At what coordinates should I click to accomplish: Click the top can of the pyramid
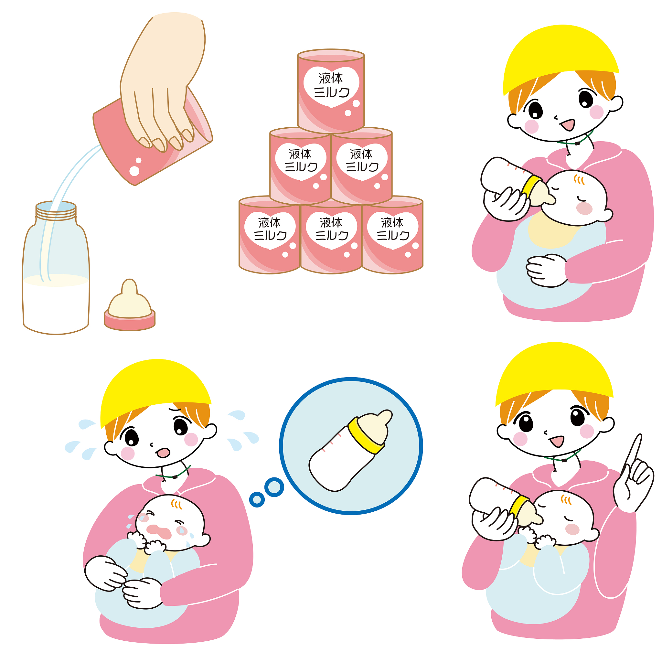click(331, 91)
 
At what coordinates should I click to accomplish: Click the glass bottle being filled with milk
click(56, 268)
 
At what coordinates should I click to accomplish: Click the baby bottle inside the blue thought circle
click(350, 451)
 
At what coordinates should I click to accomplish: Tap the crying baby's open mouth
click(159, 531)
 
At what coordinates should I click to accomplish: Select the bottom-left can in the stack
click(269, 235)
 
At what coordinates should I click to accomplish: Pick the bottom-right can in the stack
click(392, 235)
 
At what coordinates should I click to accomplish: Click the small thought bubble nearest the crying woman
click(257, 500)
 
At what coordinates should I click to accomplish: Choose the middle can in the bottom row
click(331, 236)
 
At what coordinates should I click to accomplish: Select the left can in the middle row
click(300, 166)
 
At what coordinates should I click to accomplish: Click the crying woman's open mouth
click(163, 452)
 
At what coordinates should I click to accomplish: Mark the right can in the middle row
click(361, 166)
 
